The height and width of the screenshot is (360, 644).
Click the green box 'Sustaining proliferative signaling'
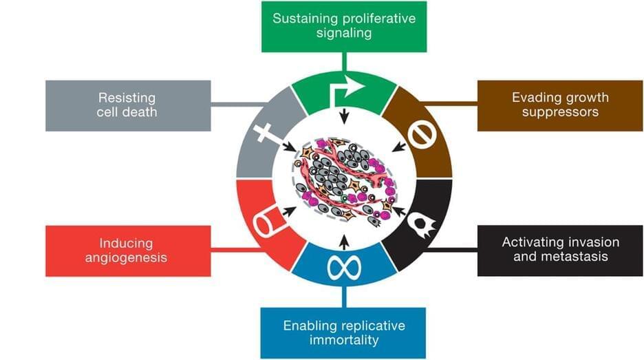pos(344,26)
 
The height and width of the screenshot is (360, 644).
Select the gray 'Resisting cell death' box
pos(127,105)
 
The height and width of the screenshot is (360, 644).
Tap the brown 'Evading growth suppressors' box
pos(560,105)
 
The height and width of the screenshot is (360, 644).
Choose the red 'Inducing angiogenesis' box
pos(127,251)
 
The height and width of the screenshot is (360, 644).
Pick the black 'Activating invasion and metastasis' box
pos(560,251)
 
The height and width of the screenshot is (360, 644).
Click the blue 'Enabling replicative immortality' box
pos(344,332)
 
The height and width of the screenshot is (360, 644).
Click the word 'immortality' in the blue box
pos(344,339)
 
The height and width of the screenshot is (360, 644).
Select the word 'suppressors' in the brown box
pos(560,112)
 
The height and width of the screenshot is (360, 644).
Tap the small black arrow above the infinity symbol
pos(344,240)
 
